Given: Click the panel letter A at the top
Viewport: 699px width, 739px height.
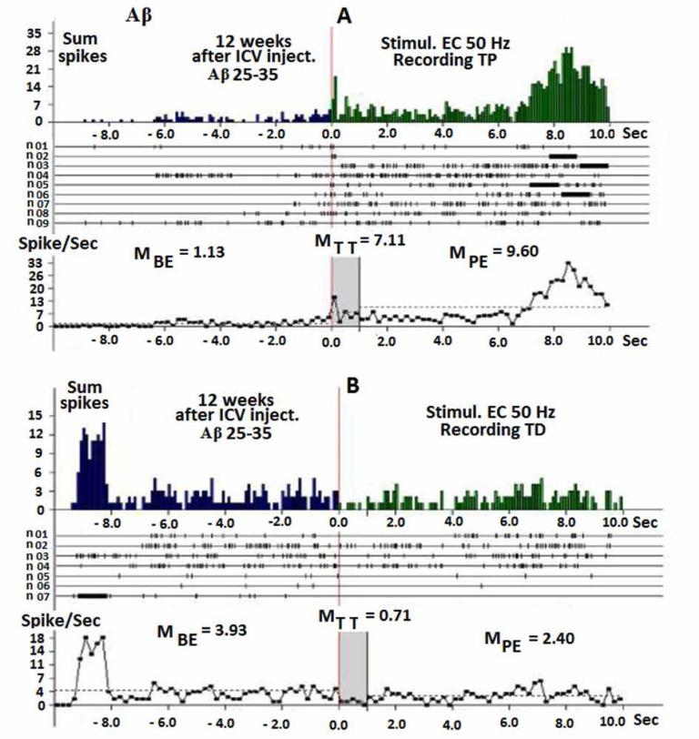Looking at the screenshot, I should click(x=345, y=15).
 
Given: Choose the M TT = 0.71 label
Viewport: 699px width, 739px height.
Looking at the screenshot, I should click(x=364, y=616).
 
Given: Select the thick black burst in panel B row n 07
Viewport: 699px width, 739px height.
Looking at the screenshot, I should click(x=92, y=594).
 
